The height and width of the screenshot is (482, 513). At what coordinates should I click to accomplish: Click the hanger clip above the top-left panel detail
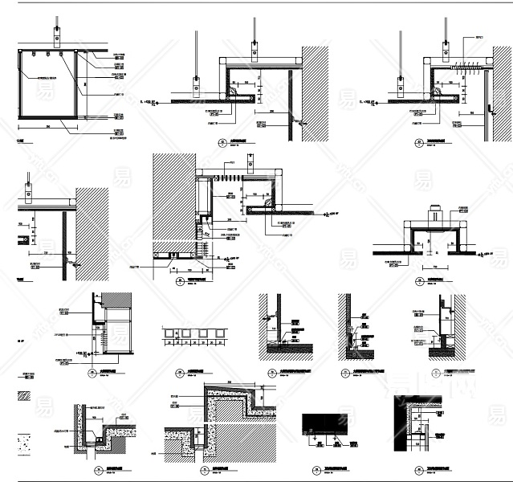tap(58, 36)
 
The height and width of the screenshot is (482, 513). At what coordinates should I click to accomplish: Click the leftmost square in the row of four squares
tap(169, 333)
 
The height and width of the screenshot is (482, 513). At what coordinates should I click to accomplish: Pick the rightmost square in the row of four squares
tap(217, 333)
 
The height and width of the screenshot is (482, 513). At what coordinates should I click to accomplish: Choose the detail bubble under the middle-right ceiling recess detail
tap(420, 281)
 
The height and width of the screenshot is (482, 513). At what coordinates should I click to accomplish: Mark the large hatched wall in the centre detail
tap(171, 202)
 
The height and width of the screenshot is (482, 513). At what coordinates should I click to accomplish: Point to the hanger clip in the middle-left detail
tap(28, 194)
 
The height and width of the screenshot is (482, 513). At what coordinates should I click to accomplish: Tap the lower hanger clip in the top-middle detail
tap(195, 80)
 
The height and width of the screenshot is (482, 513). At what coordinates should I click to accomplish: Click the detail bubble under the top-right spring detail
tap(419, 144)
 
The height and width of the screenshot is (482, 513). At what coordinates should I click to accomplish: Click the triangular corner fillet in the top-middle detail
tap(233, 92)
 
